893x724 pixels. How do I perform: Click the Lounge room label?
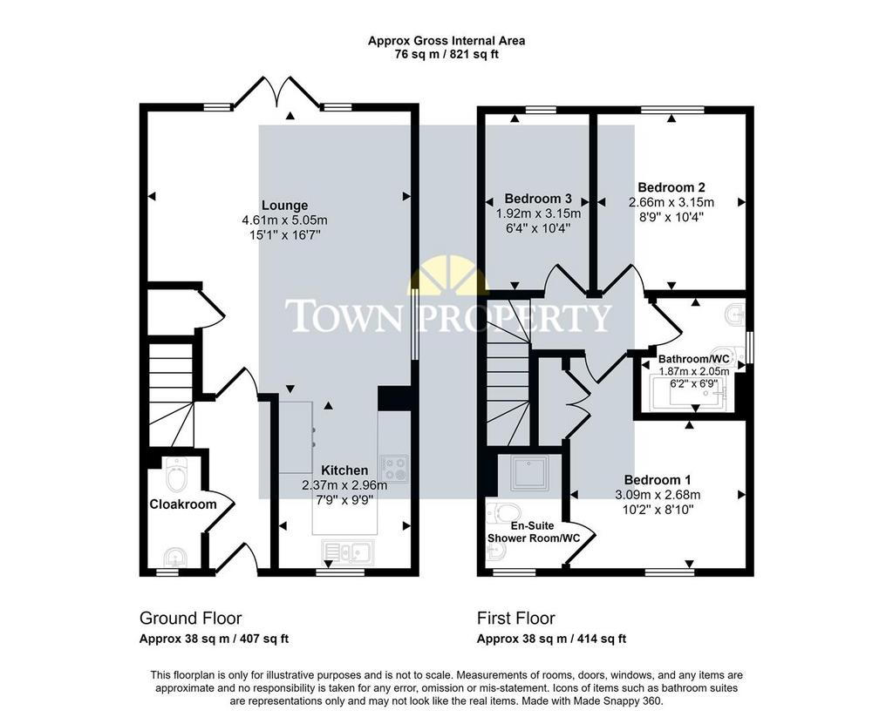pyautogui.click(x=285, y=206)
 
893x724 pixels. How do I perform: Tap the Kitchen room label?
pyautogui.click(x=344, y=470)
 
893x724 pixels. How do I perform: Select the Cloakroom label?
pyautogui.click(x=183, y=504)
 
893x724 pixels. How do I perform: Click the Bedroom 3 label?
pyautogui.click(x=538, y=199)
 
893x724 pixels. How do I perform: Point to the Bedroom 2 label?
pyautogui.click(x=671, y=187)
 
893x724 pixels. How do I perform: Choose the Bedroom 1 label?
pyautogui.click(x=658, y=480)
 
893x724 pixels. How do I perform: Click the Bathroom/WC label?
pyautogui.click(x=693, y=359)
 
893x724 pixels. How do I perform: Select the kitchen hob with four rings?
pyautogui.click(x=394, y=469)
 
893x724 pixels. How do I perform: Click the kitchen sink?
pyautogui.click(x=347, y=551)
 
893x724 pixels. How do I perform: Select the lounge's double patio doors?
pyautogui.click(x=277, y=91)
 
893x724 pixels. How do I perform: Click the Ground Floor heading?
pyautogui.click(x=191, y=618)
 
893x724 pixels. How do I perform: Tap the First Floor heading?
pyautogui.click(x=516, y=618)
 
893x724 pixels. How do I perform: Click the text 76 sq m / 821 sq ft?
pyautogui.click(x=446, y=55)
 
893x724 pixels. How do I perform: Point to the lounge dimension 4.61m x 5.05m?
pyautogui.click(x=285, y=220)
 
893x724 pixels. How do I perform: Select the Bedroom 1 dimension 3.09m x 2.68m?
pyautogui.click(x=658, y=495)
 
